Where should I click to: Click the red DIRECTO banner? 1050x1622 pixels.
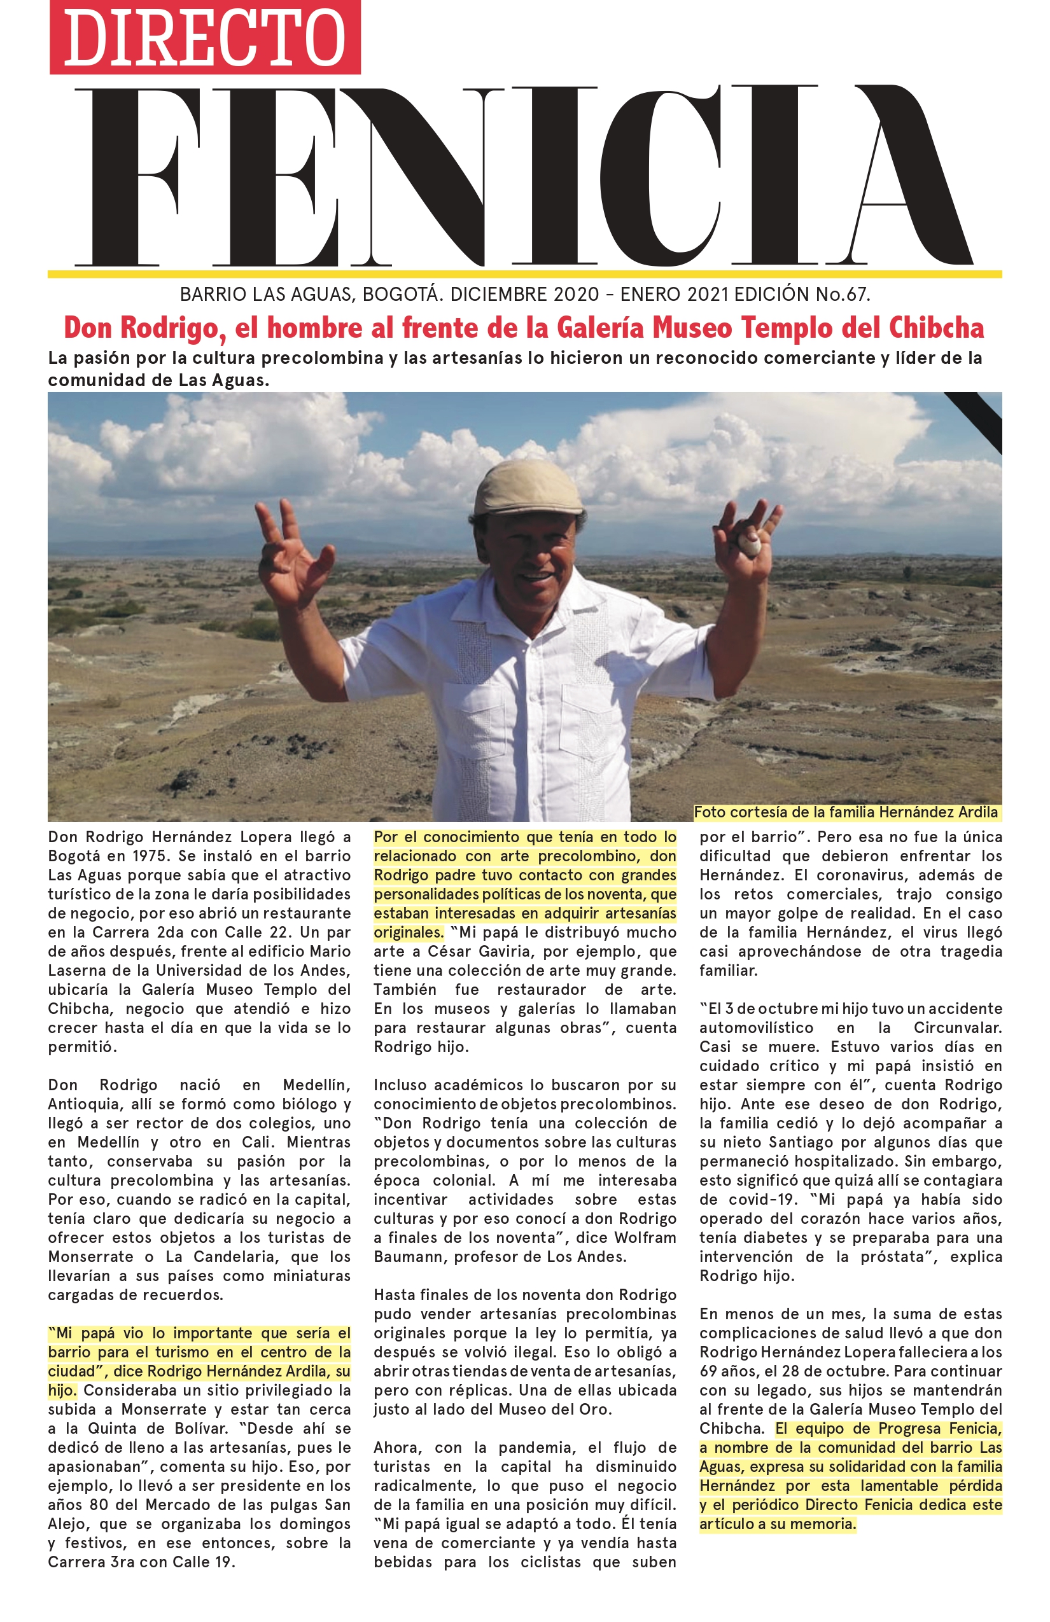click(204, 38)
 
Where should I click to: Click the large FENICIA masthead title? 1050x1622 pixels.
click(524, 177)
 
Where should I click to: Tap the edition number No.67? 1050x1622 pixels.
click(843, 295)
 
